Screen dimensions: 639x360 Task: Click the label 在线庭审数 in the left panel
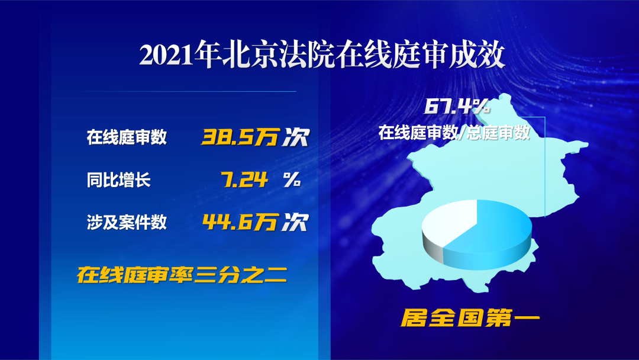(x=127, y=137)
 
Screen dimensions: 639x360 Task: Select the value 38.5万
(x=241, y=137)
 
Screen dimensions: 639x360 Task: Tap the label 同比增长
(x=118, y=180)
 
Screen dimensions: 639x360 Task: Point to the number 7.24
(x=244, y=179)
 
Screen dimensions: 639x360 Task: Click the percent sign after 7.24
(x=292, y=179)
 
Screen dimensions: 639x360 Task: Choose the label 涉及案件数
(x=127, y=222)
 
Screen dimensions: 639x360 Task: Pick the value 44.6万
(x=240, y=222)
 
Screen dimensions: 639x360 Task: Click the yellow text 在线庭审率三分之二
(x=182, y=274)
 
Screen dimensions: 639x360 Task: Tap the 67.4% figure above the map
(x=456, y=107)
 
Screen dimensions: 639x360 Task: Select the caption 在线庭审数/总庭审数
(x=454, y=133)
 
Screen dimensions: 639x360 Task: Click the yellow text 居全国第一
(x=470, y=317)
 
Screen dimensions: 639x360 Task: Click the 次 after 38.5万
(x=296, y=137)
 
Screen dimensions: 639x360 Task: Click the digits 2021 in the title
(x=166, y=55)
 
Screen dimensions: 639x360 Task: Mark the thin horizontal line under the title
(x=187, y=91)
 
